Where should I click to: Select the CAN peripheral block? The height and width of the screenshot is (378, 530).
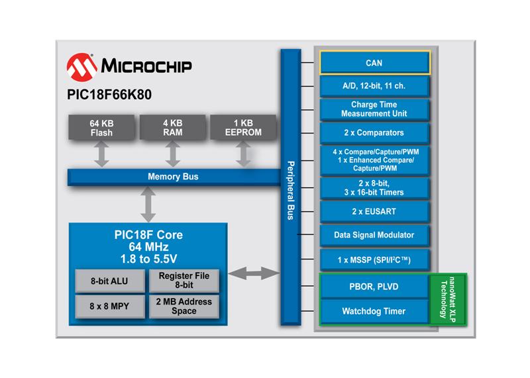[x=374, y=64]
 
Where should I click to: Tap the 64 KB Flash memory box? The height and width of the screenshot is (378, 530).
[x=101, y=128]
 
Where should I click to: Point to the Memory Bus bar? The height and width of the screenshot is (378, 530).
[x=172, y=177]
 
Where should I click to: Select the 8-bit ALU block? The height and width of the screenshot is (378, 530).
[x=109, y=281]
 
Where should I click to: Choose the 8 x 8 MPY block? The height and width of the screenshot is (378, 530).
[x=109, y=307]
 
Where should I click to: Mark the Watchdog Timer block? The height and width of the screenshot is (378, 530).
[x=374, y=310]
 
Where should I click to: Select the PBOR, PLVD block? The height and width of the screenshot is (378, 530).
[x=374, y=286]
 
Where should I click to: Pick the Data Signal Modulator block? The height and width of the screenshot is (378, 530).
[x=374, y=235]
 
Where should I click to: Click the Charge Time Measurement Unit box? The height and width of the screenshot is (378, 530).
[x=374, y=109]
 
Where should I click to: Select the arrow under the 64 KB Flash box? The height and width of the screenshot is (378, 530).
[x=101, y=154]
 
